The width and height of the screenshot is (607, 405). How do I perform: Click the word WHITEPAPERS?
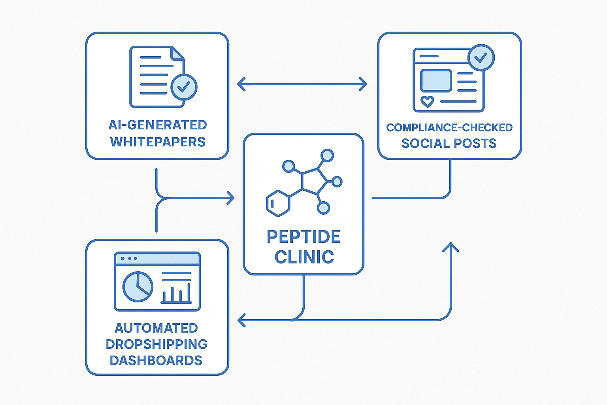coord(158,142)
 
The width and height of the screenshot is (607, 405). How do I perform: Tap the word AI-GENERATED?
coord(158,125)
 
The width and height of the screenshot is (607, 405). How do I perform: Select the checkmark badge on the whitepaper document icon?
coord(184,87)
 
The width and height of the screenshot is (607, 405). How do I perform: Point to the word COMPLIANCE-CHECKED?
coord(449,128)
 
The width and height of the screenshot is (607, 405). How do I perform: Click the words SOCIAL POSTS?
coord(449,143)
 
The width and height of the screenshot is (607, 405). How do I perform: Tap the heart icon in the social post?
coord(427,101)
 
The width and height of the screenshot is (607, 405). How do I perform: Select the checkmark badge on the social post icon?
coord(481,58)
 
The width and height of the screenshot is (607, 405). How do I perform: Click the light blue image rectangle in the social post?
coord(436,81)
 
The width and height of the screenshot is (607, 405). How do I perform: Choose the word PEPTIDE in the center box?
coord(303,237)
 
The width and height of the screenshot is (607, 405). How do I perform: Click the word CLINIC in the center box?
coord(304,257)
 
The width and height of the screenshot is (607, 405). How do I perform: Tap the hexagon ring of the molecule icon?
coord(278,203)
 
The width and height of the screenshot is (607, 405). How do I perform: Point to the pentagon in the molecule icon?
coord(314,182)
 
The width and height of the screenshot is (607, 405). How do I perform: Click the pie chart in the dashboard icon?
coord(138,286)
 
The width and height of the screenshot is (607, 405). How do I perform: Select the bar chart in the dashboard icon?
coord(176,293)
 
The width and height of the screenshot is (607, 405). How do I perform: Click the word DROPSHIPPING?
coord(156,344)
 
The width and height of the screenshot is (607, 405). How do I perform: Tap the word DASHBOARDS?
coord(156,360)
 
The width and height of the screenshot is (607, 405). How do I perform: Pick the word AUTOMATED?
coord(156,328)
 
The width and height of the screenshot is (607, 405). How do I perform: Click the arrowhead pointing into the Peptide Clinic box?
coord(231,198)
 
